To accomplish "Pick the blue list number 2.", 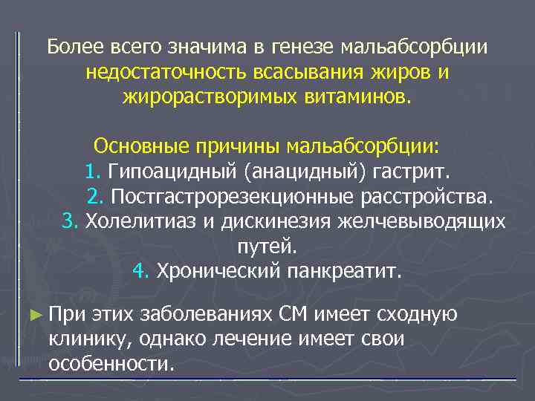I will coord(95,198).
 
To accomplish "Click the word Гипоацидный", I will coord(172,172).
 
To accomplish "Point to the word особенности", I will coord(111,364).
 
